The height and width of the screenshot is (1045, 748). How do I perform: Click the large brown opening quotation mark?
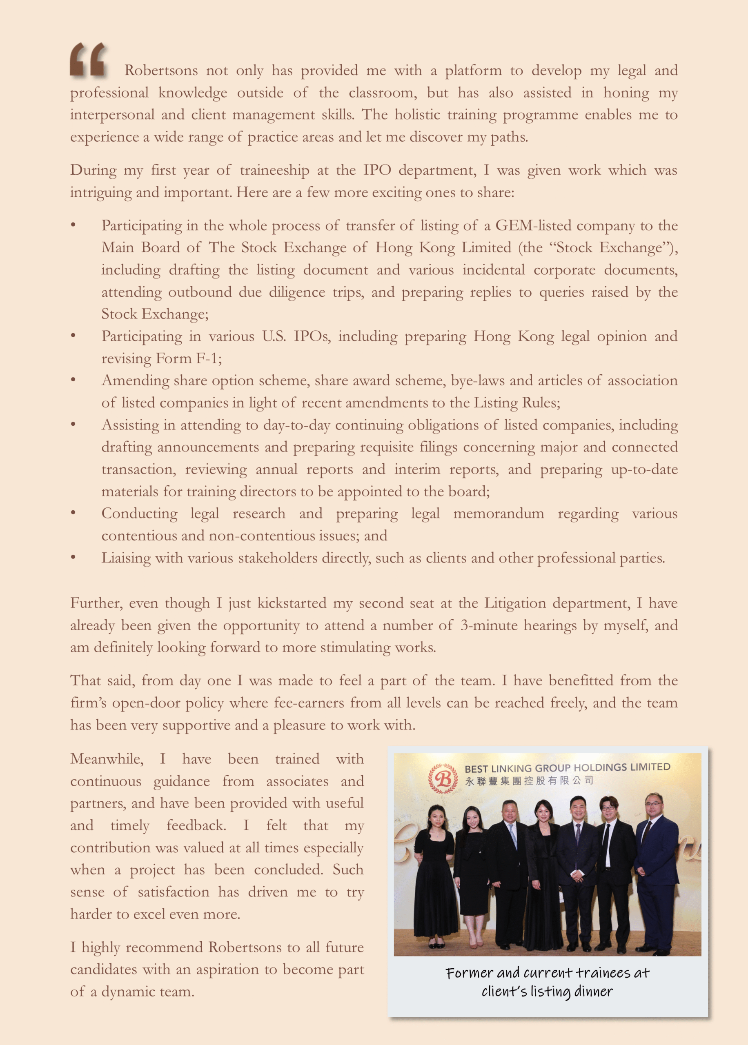[x=88, y=59]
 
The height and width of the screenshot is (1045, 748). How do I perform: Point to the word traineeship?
[x=274, y=170]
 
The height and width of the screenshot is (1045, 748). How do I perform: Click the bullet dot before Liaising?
[x=73, y=558]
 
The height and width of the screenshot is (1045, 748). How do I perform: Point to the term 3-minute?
[x=488, y=625]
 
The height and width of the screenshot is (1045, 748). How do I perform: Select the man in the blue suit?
[x=657, y=870]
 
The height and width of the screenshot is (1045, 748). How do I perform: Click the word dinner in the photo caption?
[x=594, y=991]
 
